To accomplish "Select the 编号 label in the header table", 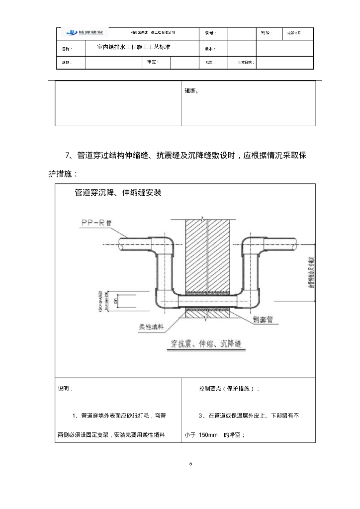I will pos(210,33).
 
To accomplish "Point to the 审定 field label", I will pos(153,62).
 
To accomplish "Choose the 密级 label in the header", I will pos(267,33).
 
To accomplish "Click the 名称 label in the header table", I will pos(67,49).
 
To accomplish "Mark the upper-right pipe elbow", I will pos(249,247).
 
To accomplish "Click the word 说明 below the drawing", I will pos(65,388).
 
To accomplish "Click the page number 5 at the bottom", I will pos(190,464).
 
